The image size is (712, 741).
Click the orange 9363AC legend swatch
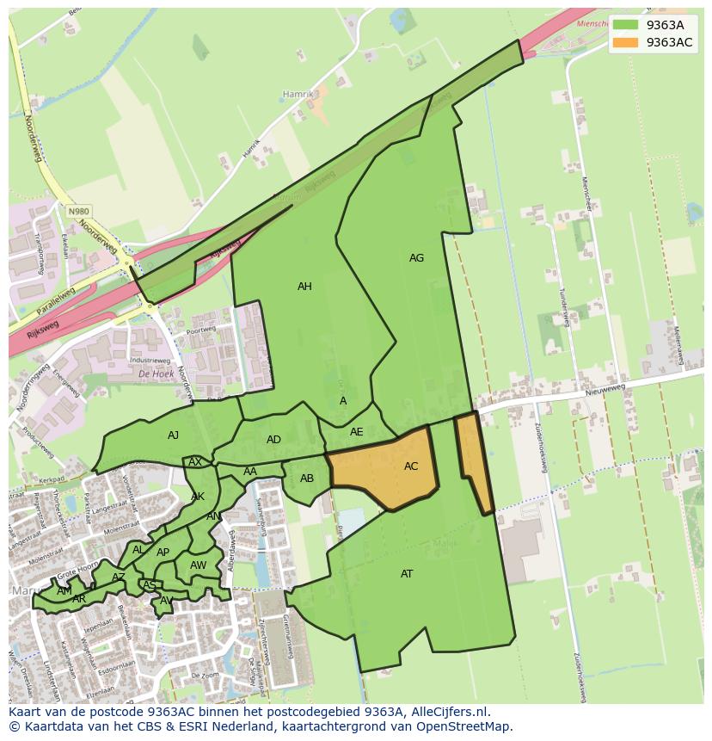(x=625, y=42)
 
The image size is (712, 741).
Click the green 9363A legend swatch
(x=625, y=25)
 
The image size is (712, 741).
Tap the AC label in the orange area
(x=411, y=466)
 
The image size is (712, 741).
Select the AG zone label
(x=416, y=258)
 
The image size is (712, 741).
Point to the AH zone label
(x=304, y=287)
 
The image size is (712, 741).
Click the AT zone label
(x=407, y=574)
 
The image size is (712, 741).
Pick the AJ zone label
(x=173, y=435)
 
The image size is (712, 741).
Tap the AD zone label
(x=273, y=440)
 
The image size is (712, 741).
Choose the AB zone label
(x=307, y=479)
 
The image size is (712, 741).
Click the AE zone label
(x=356, y=432)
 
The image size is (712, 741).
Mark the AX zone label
(x=195, y=462)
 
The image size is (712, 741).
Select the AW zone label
(x=198, y=565)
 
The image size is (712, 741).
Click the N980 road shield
(x=79, y=211)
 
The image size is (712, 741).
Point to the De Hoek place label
(x=157, y=374)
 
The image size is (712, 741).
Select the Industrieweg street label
(x=150, y=360)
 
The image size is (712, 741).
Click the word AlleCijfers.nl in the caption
(x=446, y=713)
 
